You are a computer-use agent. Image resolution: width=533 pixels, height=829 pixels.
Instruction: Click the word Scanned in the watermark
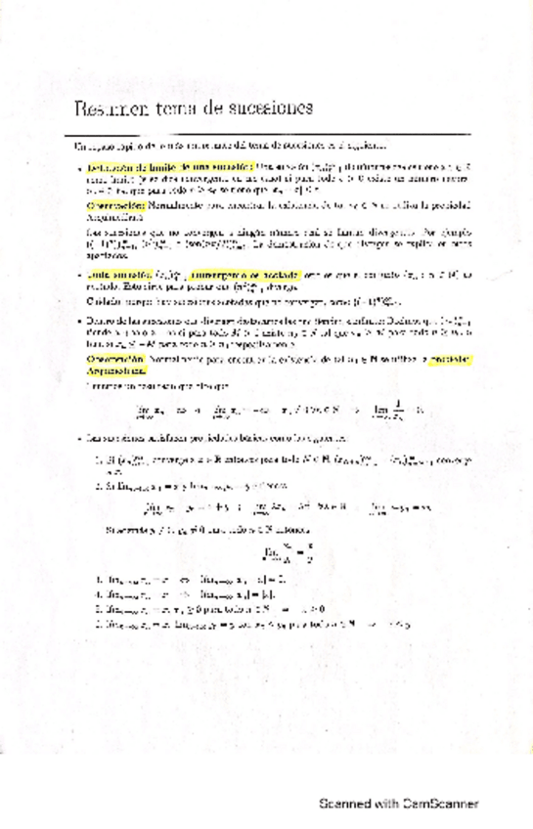coord(343,777)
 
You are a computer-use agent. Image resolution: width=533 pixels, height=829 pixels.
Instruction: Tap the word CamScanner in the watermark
coord(440,777)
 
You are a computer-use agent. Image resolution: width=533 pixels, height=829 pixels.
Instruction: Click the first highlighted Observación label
coord(113,206)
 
